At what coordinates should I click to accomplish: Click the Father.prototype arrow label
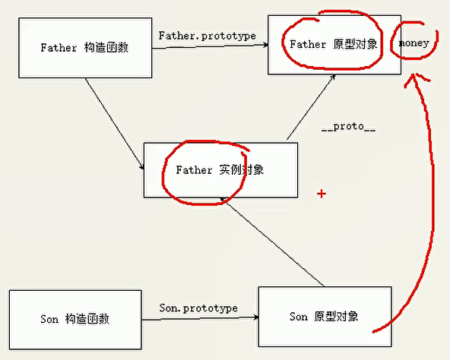click(x=208, y=36)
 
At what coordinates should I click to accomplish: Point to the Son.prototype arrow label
click(x=198, y=308)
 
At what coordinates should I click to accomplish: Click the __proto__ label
click(x=348, y=126)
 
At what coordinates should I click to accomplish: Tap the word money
click(x=414, y=43)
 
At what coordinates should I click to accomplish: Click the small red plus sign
click(x=322, y=194)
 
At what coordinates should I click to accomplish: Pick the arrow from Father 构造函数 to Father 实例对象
click(x=115, y=124)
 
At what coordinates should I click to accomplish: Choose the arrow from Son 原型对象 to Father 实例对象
click(x=272, y=242)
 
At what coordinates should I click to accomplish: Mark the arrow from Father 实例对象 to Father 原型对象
click(x=311, y=107)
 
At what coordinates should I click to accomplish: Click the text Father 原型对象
click(x=333, y=44)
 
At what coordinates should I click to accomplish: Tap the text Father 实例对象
click(x=220, y=170)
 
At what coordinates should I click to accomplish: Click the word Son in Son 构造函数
click(x=49, y=319)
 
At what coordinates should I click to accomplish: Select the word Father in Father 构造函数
click(x=59, y=48)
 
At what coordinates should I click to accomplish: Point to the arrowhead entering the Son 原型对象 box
click(x=256, y=317)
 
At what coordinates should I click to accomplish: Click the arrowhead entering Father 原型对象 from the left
click(x=266, y=45)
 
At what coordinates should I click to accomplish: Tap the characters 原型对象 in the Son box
click(x=336, y=317)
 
